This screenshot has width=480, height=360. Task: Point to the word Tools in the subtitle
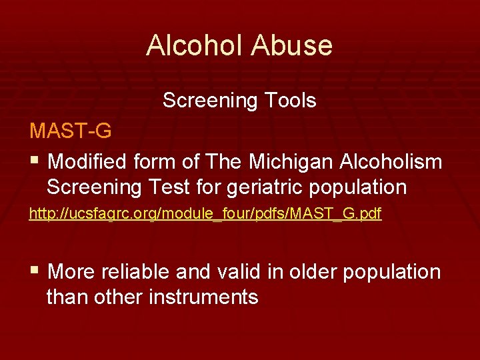289,101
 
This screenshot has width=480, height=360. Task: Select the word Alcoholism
391,161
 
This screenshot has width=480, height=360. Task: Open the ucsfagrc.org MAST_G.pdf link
205,214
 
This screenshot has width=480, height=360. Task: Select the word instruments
203,297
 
